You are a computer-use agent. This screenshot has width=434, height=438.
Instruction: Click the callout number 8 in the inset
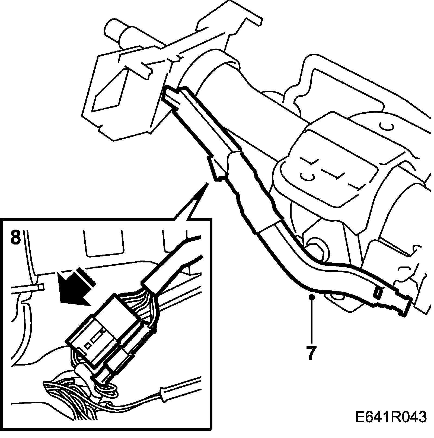click(x=15, y=237)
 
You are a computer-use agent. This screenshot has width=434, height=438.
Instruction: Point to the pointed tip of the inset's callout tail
click(x=208, y=183)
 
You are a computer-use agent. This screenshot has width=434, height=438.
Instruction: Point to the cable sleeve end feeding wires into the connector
click(x=151, y=282)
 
